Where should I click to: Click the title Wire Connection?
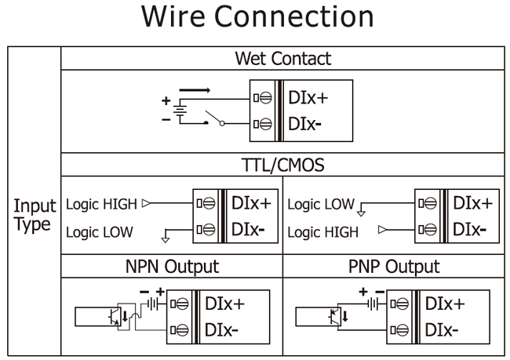coord(255,18)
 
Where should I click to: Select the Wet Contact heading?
coord(282,58)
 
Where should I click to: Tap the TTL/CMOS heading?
coord(282,165)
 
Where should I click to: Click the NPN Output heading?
coord(171,267)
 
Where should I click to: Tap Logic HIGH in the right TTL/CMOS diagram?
coord(322,232)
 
